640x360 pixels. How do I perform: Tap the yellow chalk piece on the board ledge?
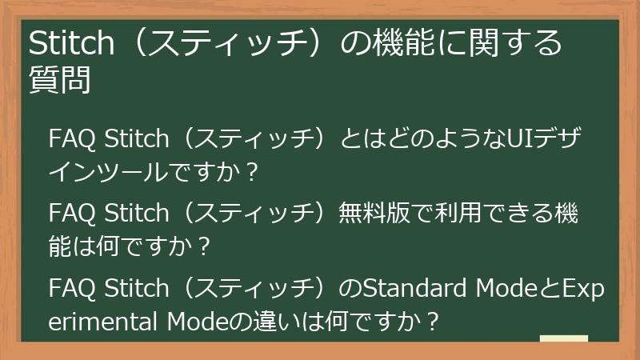coord(564,340)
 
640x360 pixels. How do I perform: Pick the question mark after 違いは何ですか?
coord(433,323)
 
